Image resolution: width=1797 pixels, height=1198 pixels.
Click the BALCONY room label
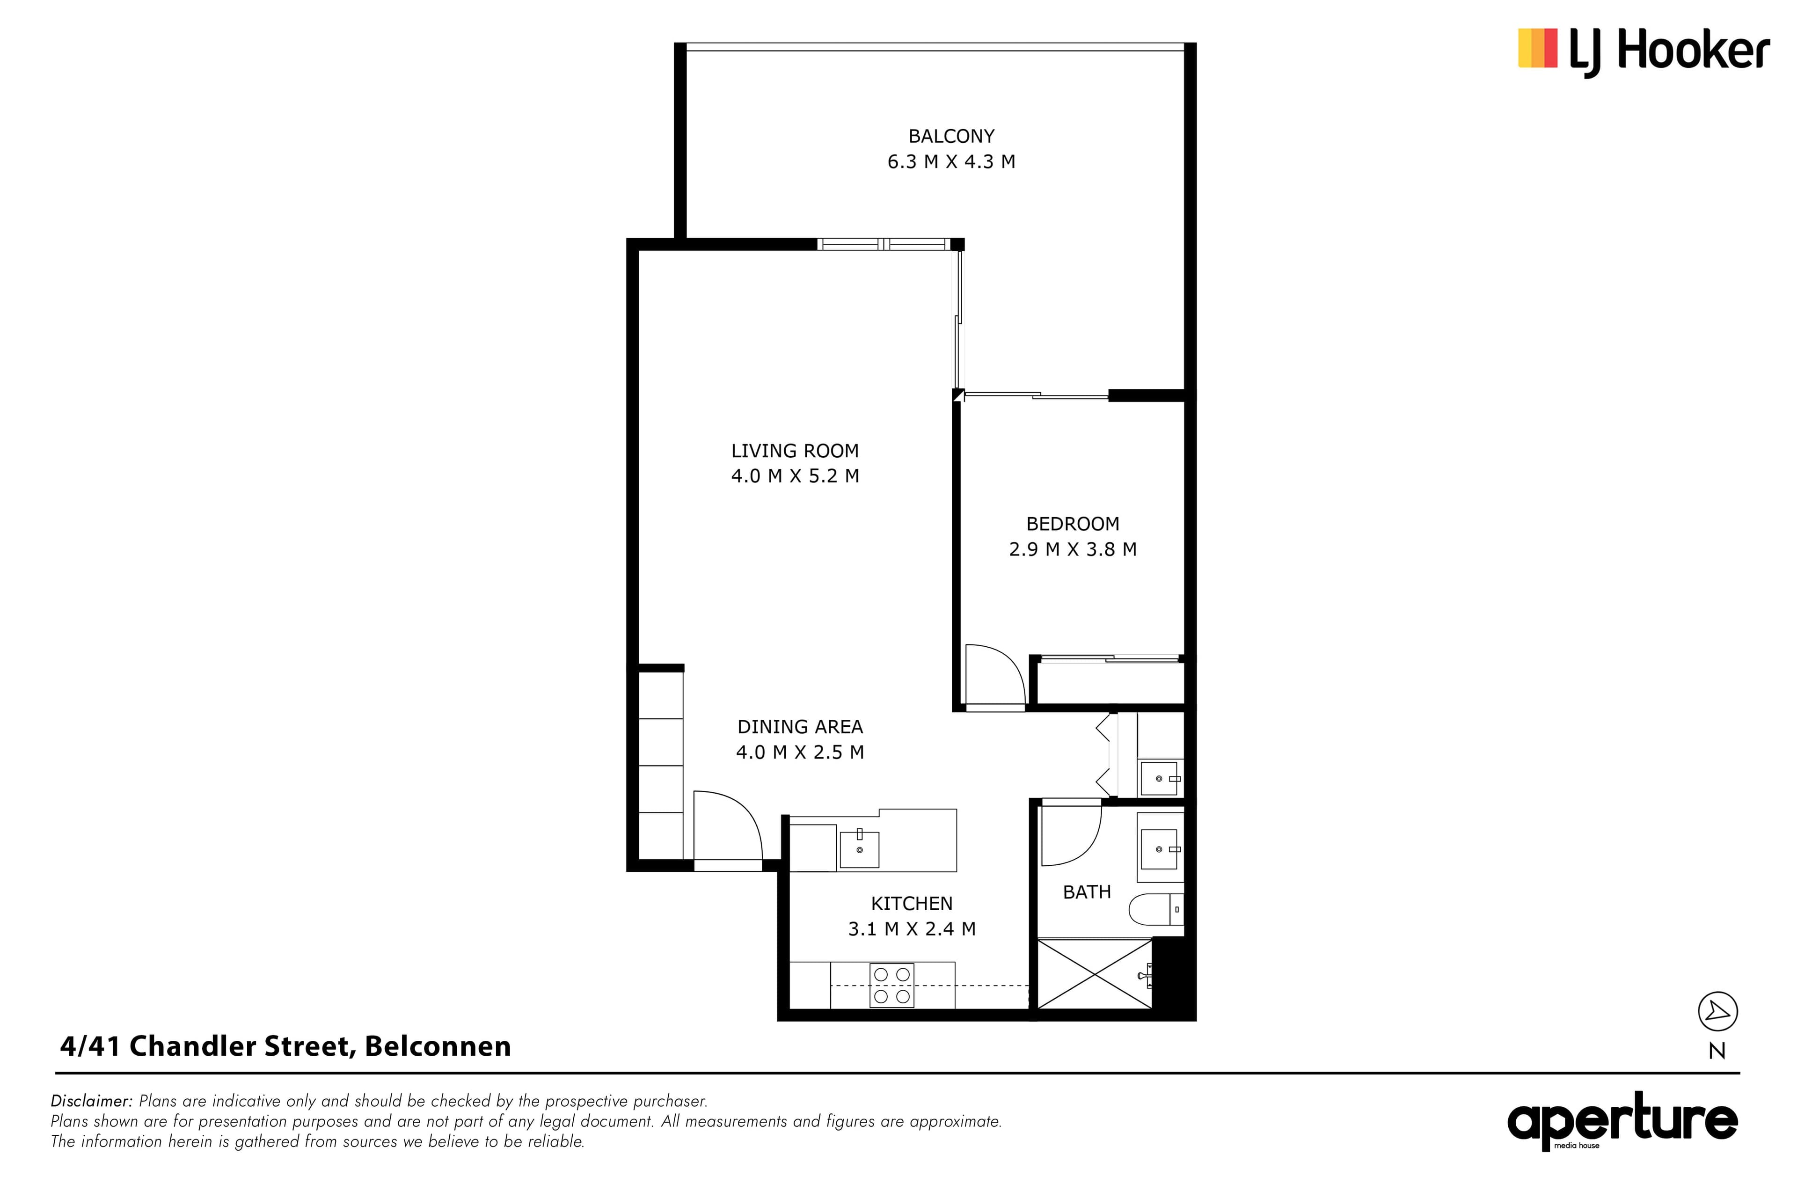pyautogui.click(x=951, y=136)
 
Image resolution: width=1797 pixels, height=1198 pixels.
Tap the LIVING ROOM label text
pyautogui.click(x=795, y=451)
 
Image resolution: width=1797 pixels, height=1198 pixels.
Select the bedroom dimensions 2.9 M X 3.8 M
pyautogui.click(x=1073, y=549)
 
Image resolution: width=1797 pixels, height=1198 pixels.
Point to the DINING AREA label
pyautogui.click(x=800, y=727)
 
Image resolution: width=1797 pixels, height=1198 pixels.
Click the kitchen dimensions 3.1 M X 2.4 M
pyautogui.click(x=912, y=929)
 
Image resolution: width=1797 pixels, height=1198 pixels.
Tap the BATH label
pyautogui.click(x=1087, y=891)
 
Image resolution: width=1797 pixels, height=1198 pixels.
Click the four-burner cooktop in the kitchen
pyautogui.click(x=891, y=986)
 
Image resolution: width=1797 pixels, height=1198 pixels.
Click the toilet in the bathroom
pyautogui.click(x=1156, y=909)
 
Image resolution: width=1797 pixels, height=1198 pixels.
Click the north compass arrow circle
pyautogui.click(x=1717, y=1012)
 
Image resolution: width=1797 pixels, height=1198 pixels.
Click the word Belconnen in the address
pyautogui.click(x=438, y=1046)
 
